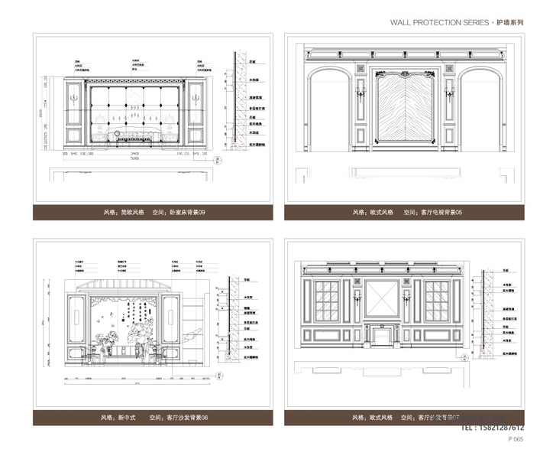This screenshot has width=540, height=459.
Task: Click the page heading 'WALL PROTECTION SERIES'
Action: (438, 24)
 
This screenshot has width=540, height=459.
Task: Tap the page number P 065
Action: (516, 440)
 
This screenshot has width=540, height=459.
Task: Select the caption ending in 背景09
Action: (154, 213)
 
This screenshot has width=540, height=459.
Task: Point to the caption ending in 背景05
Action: (407, 213)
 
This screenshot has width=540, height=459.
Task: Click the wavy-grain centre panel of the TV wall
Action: (406, 111)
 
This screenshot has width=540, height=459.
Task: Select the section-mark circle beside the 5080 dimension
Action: (218, 161)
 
